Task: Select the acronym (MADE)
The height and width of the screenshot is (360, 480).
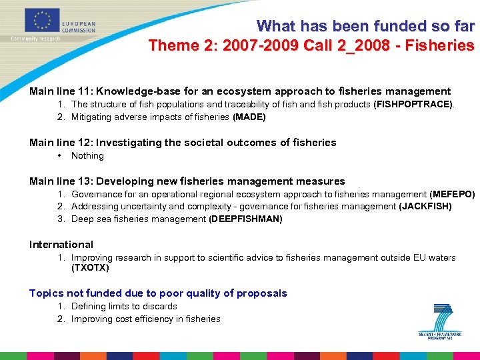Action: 249,117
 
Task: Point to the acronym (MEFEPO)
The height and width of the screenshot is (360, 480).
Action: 452,195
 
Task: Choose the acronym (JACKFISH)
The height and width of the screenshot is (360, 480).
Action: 425,207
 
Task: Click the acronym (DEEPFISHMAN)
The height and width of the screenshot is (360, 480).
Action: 245,219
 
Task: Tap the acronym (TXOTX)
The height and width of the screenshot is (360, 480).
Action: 90,268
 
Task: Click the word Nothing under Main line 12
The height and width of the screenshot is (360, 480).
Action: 87,156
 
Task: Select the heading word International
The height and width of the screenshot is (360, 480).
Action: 61,245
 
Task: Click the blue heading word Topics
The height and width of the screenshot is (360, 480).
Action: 47,293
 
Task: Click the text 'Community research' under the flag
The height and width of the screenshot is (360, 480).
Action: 35,39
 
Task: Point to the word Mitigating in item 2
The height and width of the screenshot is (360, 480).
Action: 93,117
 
